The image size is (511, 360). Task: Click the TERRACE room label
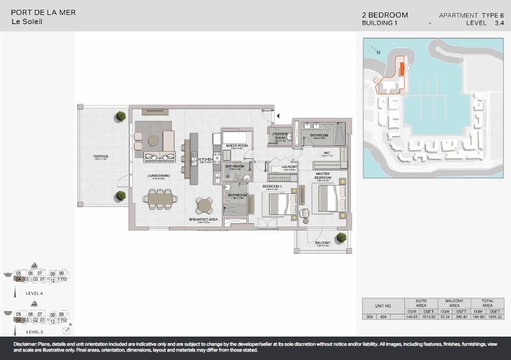[x=100, y=156]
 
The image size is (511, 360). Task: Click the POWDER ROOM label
[x=280, y=136]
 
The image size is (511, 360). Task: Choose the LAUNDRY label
[x=289, y=167]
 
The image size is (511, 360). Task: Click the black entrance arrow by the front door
[x=277, y=115]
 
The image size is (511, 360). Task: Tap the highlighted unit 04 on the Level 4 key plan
[x=19, y=279]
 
